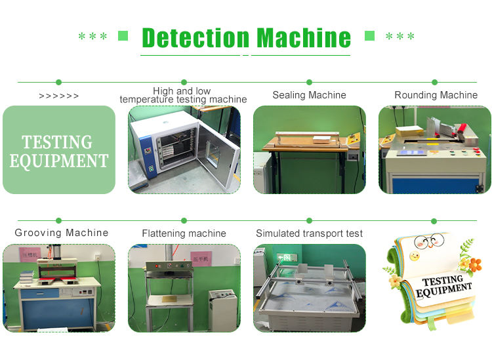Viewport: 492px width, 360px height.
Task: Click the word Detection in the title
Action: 195,37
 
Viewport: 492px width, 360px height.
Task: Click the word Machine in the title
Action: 303,37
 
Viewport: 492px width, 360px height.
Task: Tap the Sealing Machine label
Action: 309,95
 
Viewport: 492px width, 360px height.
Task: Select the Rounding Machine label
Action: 436,95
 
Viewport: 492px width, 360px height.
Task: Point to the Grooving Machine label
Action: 62,233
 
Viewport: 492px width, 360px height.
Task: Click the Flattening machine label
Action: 184,233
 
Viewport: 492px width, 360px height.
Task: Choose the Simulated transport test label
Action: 309,233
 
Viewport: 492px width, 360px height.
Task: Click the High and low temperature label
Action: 183,95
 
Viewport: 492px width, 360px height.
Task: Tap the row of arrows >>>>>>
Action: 59,96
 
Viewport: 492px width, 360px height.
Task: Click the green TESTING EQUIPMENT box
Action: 59,150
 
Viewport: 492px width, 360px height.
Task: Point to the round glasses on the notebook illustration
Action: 429,243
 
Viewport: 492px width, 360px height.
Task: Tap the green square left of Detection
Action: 123,36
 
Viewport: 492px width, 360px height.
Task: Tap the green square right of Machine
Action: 369,36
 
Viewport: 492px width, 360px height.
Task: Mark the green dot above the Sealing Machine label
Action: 310,82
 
